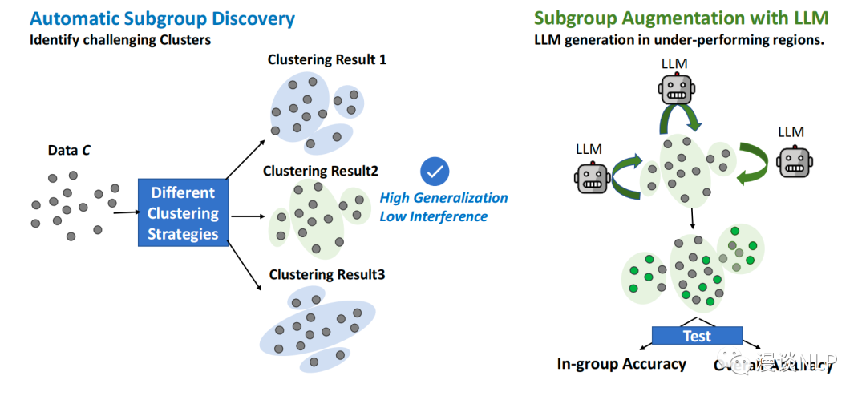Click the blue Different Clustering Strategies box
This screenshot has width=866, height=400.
point(183,213)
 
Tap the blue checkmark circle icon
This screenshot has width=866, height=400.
point(435,171)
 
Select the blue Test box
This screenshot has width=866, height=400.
point(697,335)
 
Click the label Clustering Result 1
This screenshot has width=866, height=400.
point(327,60)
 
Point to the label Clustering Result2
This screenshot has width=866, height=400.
point(321,171)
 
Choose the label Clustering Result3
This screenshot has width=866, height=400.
point(327,274)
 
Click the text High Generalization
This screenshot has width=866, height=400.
point(443,198)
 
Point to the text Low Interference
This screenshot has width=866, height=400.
point(433,216)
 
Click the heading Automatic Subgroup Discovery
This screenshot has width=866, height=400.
point(163,18)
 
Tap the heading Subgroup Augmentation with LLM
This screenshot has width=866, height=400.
point(681,18)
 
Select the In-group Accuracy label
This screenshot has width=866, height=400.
point(621,364)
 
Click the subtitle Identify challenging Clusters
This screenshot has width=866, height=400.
point(120,39)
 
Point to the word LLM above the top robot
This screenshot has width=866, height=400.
point(675,63)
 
